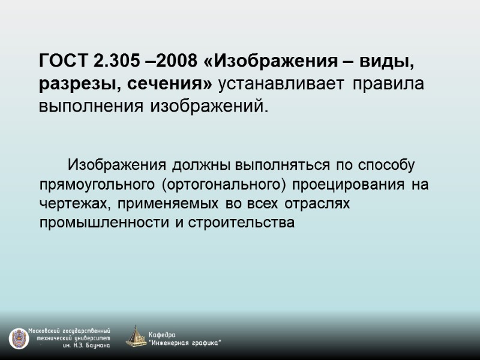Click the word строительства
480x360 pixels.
click(242, 224)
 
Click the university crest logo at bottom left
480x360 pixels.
click(19, 339)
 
